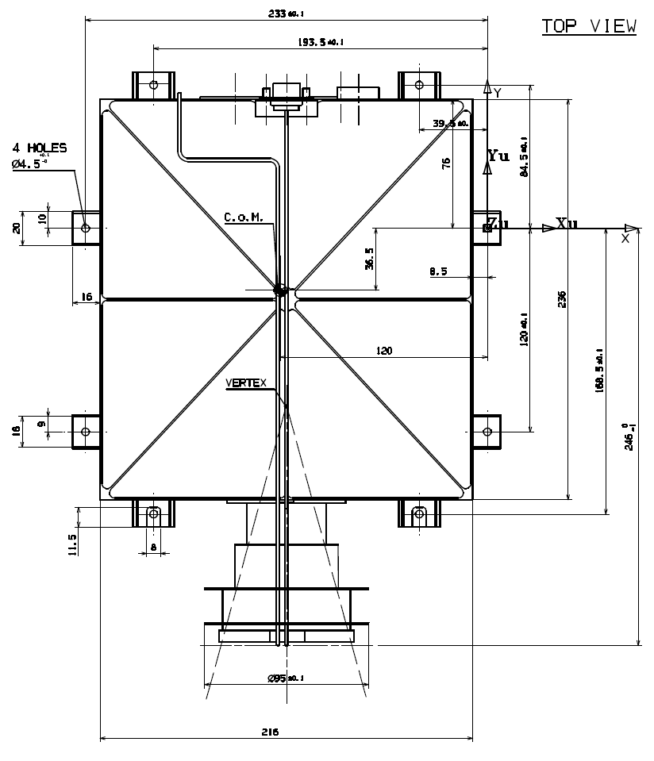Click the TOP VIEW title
coord(589,25)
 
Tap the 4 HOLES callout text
coord(39,148)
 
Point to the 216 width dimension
coord(270,732)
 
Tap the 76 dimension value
coord(446,163)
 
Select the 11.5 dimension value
coord(72,545)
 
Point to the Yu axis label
coord(498,156)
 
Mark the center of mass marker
coord(279,290)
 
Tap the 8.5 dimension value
coord(439,271)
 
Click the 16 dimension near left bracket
coord(87,297)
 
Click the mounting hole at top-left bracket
coord(153,83)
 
